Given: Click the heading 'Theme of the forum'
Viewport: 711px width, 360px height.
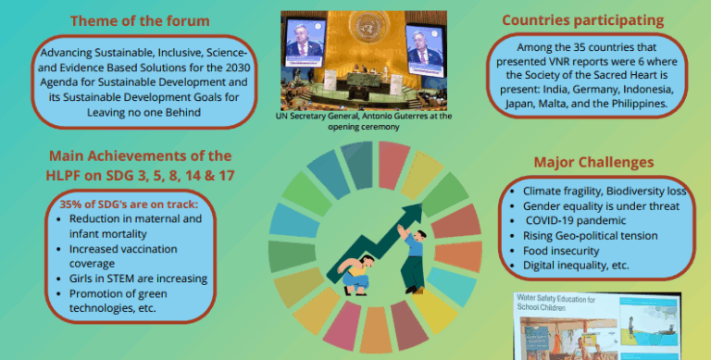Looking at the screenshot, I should [140, 20].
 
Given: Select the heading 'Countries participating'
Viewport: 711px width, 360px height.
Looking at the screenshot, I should [583, 19].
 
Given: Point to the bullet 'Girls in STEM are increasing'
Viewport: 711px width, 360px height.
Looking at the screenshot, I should [138, 278].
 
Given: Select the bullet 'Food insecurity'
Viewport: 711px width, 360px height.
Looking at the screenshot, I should [568, 249].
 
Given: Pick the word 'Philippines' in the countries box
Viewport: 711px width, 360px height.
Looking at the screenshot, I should [634, 104].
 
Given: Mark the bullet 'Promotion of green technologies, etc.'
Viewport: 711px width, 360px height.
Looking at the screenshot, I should [130, 301].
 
